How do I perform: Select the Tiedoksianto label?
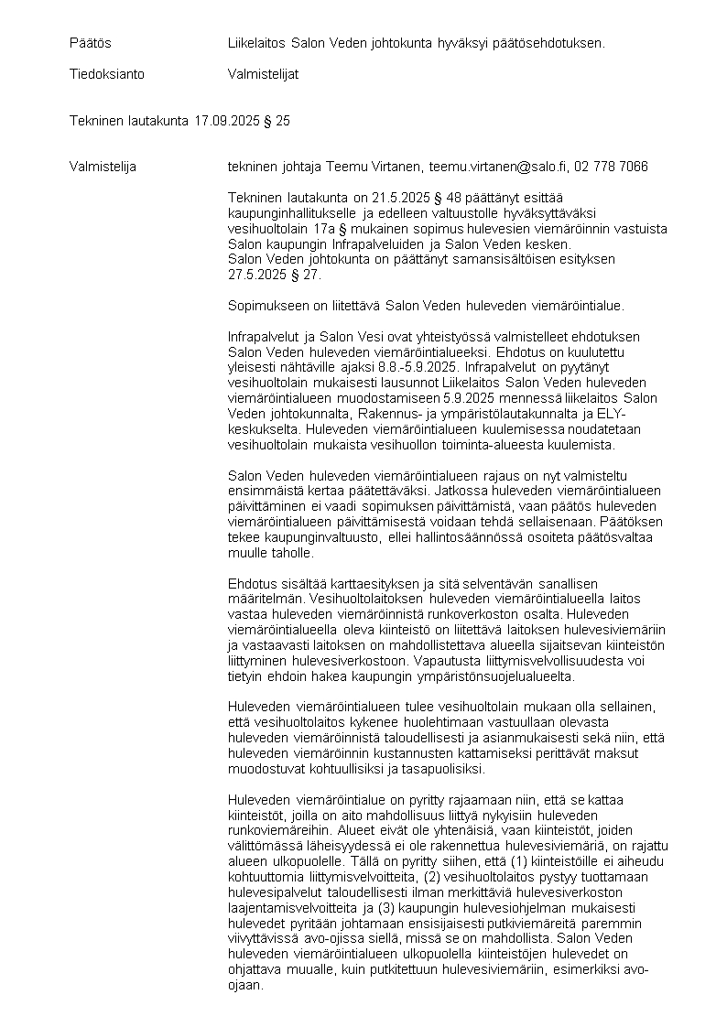(107, 74)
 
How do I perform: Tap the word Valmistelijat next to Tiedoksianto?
(263, 74)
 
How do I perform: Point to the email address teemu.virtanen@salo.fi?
(495, 167)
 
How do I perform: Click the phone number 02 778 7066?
(611, 167)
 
